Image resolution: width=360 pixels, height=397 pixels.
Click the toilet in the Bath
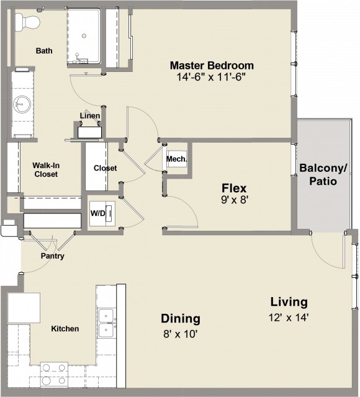(x=27, y=22)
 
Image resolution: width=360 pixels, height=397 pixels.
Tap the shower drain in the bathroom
(x=84, y=36)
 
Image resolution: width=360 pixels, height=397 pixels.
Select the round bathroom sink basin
(x=22, y=104)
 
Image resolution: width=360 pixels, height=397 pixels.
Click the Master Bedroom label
(x=212, y=65)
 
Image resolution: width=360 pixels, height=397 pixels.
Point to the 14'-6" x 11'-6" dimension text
(x=211, y=77)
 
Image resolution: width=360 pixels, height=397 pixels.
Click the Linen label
(x=90, y=116)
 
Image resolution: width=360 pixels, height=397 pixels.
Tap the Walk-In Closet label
(x=46, y=169)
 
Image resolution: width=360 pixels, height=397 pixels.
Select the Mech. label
(x=176, y=159)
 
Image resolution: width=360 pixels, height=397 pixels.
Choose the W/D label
(x=97, y=213)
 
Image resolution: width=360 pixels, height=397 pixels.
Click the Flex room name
(x=234, y=188)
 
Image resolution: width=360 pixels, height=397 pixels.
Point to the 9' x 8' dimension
(x=234, y=200)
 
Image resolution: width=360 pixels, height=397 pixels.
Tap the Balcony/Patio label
(x=323, y=174)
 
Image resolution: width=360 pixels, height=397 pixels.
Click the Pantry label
(x=52, y=256)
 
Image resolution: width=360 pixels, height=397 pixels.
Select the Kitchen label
(x=65, y=329)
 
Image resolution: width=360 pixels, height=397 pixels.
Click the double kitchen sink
(x=106, y=323)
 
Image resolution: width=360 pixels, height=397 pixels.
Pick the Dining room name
(x=181, y=318)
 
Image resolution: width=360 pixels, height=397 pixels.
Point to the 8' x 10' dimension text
(x=181, y=334)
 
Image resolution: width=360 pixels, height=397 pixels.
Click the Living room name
(x=289, y=302)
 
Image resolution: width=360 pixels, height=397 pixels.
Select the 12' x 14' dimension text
(x=289, y=317)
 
